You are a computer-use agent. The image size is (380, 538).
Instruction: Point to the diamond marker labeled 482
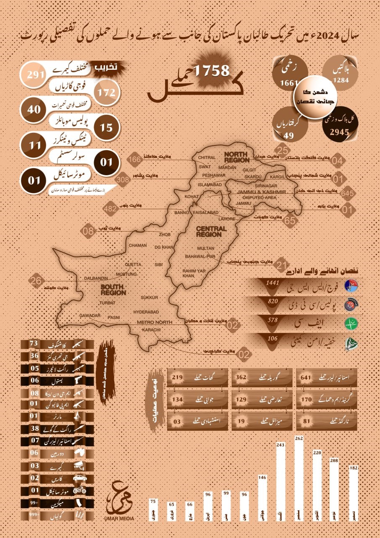[x=110, y=208]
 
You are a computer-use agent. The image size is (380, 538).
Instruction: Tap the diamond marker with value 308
[x=123, y=179]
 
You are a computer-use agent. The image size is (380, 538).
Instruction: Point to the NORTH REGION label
[x=237, y=157]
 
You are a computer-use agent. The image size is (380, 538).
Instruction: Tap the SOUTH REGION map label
[x=113, y=289]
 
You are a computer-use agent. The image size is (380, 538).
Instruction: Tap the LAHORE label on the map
[x=226, y=219]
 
